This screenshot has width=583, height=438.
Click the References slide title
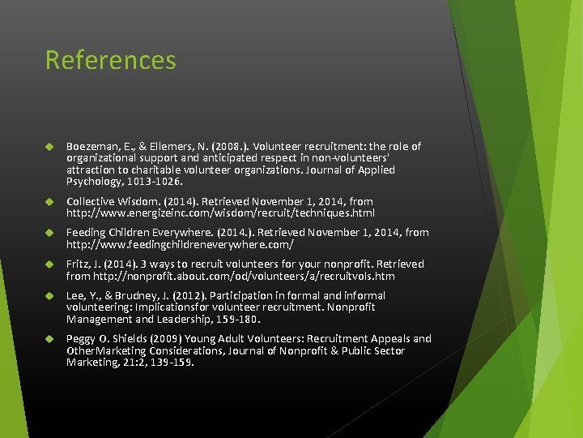110,60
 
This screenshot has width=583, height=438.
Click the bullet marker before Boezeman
49,148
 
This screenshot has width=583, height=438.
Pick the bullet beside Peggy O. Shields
49,339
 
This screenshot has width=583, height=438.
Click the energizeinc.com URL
220,213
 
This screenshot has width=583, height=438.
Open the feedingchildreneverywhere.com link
180,244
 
